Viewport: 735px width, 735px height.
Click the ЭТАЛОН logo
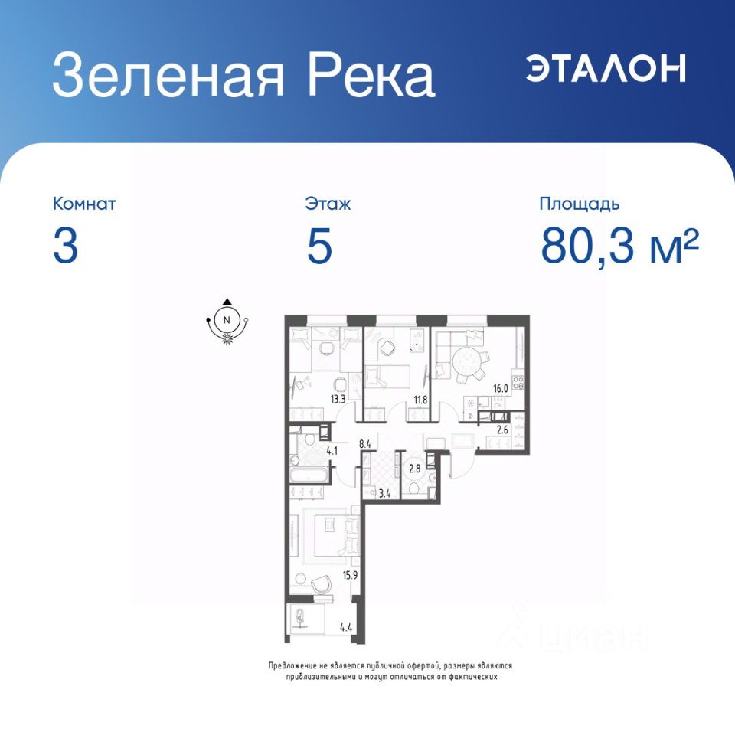(x=606, y=68)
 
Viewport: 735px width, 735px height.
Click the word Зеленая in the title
(x=168, y=75)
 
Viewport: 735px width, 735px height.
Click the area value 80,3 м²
(x=619, y=245)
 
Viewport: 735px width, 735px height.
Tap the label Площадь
(x=579, y=204)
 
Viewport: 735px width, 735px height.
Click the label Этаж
(x=328, y=204)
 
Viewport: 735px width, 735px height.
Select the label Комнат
(x=84, y=204)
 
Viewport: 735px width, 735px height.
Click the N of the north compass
(x=227, y=320)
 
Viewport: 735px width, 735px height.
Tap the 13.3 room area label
(x=338, y=400)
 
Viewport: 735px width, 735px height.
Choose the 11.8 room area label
(x=420, y=400)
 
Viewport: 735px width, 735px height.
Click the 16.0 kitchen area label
(x=500, y=389)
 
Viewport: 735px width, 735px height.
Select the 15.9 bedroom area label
(x=350, y=575)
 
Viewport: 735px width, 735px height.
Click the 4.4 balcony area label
(x=346, y=628)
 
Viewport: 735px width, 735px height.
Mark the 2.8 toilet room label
(x=414, y=468)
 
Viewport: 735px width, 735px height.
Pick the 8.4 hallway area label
(x=365, y=443)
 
